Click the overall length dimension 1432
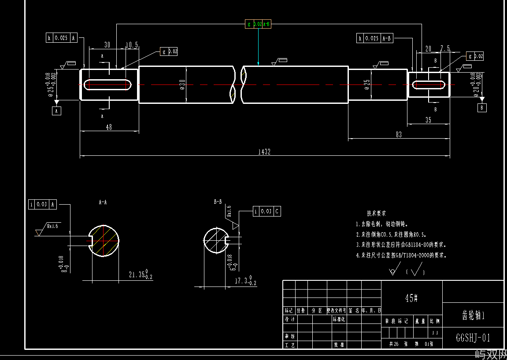264,152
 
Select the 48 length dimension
109,127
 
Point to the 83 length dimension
399,135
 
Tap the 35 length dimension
429,120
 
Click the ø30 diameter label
182,85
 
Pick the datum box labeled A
56,111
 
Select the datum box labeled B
482,107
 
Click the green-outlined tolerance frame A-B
258,24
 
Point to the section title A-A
103,202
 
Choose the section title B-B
218,202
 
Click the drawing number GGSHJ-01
473,338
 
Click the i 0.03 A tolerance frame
43,204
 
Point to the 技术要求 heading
376,213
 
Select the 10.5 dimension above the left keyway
132,45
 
